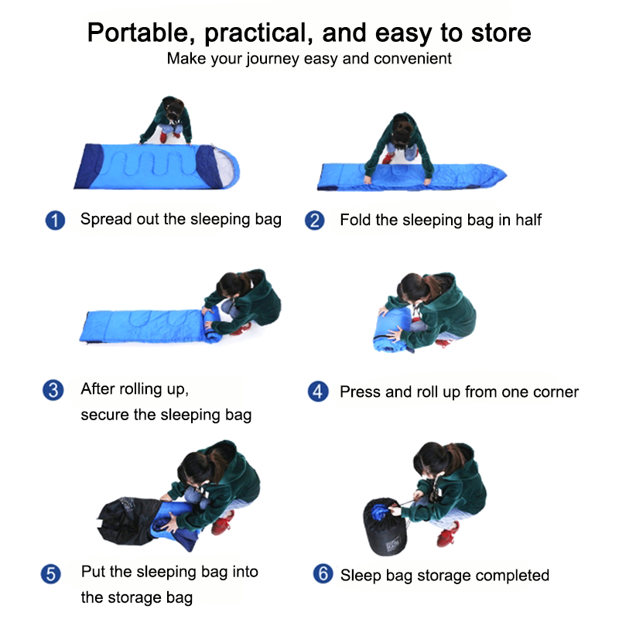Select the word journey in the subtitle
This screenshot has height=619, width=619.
[x=273, y=60]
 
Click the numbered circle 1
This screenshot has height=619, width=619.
[x=55, y=221]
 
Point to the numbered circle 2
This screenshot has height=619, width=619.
[x=315, y=221]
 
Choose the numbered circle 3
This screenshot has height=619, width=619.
[x=53, y=391]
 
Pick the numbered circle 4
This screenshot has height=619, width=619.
[x=318, y=392]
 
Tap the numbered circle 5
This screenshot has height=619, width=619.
[x=51, y=574]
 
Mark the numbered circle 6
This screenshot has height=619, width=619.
[x=323, y=573]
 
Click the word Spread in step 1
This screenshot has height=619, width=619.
[x=106, y=220]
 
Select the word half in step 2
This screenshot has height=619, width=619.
[x=528, y=220]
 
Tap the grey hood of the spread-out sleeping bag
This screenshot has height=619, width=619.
[x=226, y=168]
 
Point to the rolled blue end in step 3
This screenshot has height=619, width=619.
[x=212, y=323]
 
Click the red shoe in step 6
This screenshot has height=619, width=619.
[x=448, y=534]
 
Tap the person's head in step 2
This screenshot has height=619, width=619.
[x=402, y=129]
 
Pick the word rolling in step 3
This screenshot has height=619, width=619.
[x=141, y=390]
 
